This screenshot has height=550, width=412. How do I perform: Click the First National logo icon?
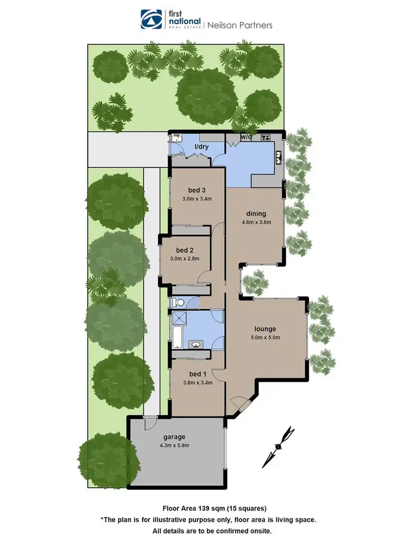(x=149, y=19)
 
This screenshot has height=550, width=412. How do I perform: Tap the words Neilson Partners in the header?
(x=239, y=25)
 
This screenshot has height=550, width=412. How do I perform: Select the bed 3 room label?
(x=189, y=191)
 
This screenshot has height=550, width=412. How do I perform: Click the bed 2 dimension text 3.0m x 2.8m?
(x=185, y=258)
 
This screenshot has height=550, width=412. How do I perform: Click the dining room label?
(x=256, y=214)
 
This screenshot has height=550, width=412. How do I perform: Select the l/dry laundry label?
(x=204, y=147)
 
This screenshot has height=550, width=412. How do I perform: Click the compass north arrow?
(x=279, y=446)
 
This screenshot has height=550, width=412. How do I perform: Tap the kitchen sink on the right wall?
(x=279, y=158)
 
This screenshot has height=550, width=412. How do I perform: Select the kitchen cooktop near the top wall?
(x=265, y=137)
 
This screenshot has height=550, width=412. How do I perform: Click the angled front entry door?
(x=238, y=405)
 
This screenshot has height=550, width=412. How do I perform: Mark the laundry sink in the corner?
(x=177, y=139)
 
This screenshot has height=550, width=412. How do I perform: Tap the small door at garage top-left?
(x=148, y=423)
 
